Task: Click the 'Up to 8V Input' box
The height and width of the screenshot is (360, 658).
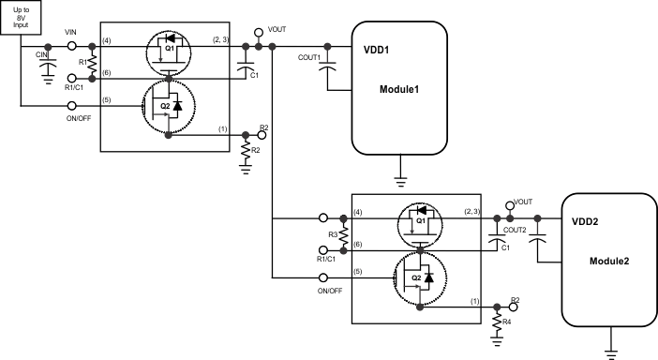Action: pyautogui.click(x=21, y=17)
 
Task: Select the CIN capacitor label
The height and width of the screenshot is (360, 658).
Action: pyautogui.click(x=41, y=55)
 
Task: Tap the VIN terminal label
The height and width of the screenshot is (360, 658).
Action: pyautogui.click(x=71, y=33)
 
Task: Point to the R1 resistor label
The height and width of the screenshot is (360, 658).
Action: pyautogui.click(x=82, y=63)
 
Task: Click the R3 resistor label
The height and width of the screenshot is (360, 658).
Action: pyautogui.click(x=334, y=233)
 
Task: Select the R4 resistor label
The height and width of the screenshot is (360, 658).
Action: pyautogui.click(x=507, y=322)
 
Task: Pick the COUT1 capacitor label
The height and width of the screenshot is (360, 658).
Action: pyautogui.click(x=310, y=57)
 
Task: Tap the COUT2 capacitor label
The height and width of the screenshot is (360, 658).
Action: pyautogui.click(x=515, y=228)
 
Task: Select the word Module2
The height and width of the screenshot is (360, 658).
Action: pyautogui.click(x=609, y=260)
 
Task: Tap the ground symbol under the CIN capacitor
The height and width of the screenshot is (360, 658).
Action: pyautogui.click(x=48, y=80)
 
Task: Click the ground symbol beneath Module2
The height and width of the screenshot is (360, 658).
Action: pyautogui.click(x=611, y=353)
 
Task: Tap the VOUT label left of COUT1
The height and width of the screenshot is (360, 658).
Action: pyautogui.click(x=277, y=30)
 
